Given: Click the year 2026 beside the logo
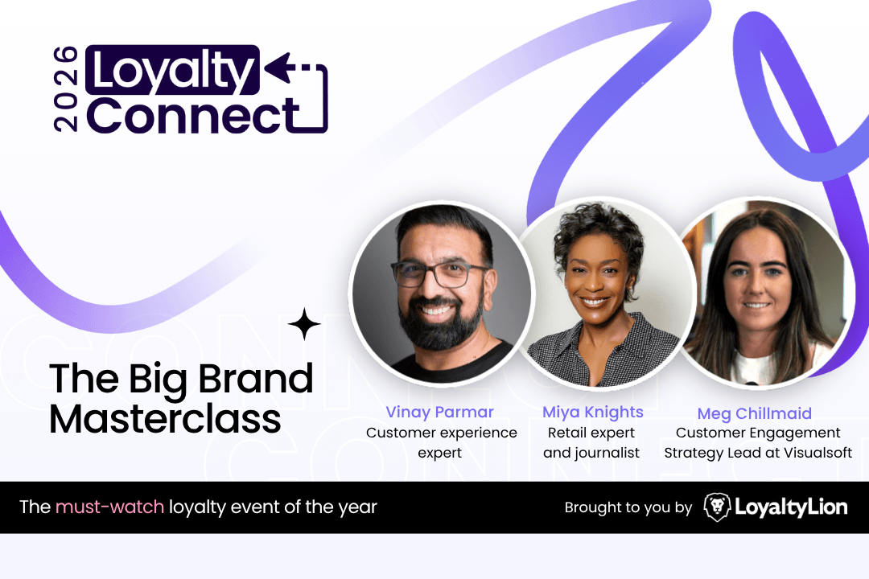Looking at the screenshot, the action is pos(65,89).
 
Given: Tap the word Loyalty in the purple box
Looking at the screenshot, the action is pos(172,71).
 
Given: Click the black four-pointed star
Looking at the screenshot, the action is pos(304,324).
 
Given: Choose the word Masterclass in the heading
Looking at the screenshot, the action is pos(165,419).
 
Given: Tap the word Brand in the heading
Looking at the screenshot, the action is pos(255,378).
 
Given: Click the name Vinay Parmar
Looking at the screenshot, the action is pos(439,413).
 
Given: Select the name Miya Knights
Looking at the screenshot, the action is pos(592,413).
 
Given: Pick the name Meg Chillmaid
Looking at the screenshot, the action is pos(754,414).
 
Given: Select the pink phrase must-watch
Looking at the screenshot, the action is pos(109,507).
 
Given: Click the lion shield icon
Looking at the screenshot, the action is pos(717,507).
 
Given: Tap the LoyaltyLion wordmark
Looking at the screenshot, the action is pos(791,507).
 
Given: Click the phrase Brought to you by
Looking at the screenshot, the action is pos(628,507).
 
